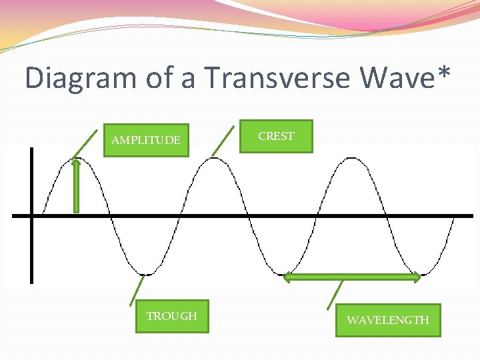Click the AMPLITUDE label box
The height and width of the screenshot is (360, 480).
tap(146, 140)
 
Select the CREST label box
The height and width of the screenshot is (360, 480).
tap(276, 136)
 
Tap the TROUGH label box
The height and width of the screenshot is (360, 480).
tap(172, 316)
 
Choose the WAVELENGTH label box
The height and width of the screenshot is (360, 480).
tap(387, 320)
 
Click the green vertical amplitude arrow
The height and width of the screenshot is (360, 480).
tap(76, 187)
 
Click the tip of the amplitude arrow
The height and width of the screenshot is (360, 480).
tap(76, 161)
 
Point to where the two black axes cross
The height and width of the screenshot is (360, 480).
tap(31, 215)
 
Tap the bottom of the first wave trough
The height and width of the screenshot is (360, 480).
tap(146, 274)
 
